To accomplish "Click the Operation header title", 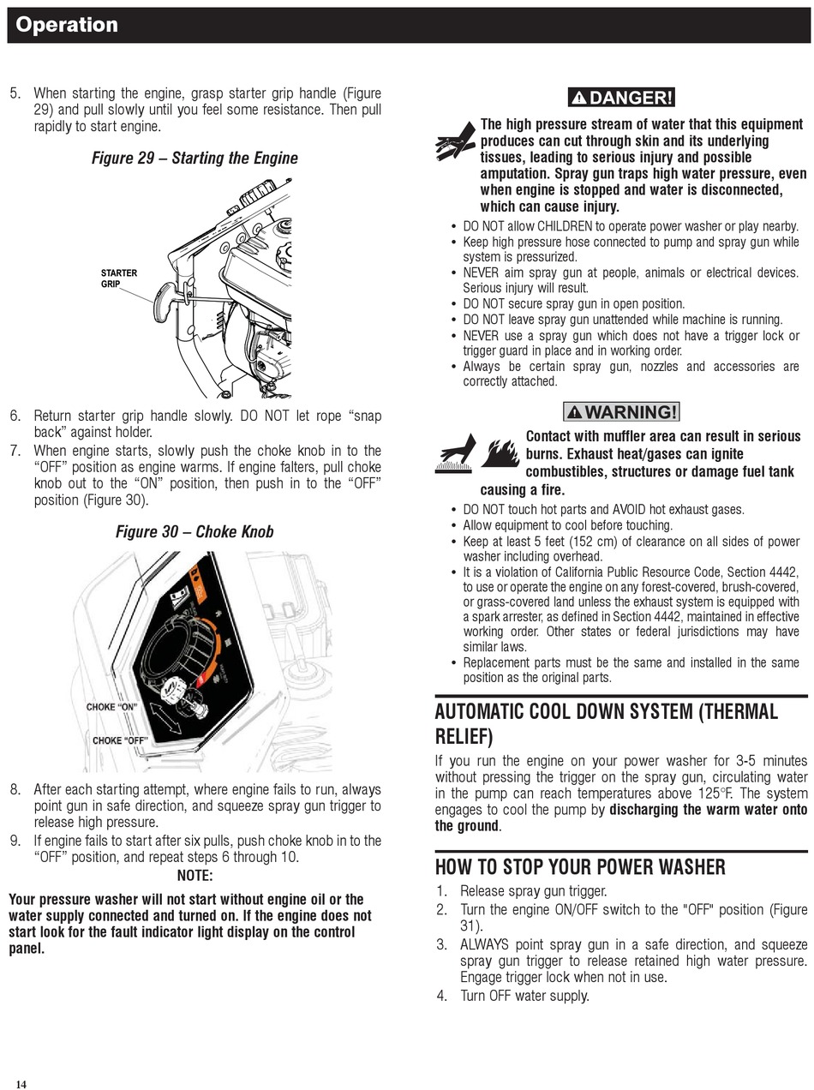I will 67,25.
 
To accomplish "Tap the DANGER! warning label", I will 621,98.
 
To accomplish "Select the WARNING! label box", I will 621,411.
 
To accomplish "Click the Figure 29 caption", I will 195,158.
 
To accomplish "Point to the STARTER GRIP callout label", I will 118,278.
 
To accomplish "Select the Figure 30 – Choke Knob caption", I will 195,531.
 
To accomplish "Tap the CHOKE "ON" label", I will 111,707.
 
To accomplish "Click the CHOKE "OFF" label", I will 121,740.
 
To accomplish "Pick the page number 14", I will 21,1084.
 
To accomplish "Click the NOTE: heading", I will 195,875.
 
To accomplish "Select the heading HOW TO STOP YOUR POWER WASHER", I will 580,867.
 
